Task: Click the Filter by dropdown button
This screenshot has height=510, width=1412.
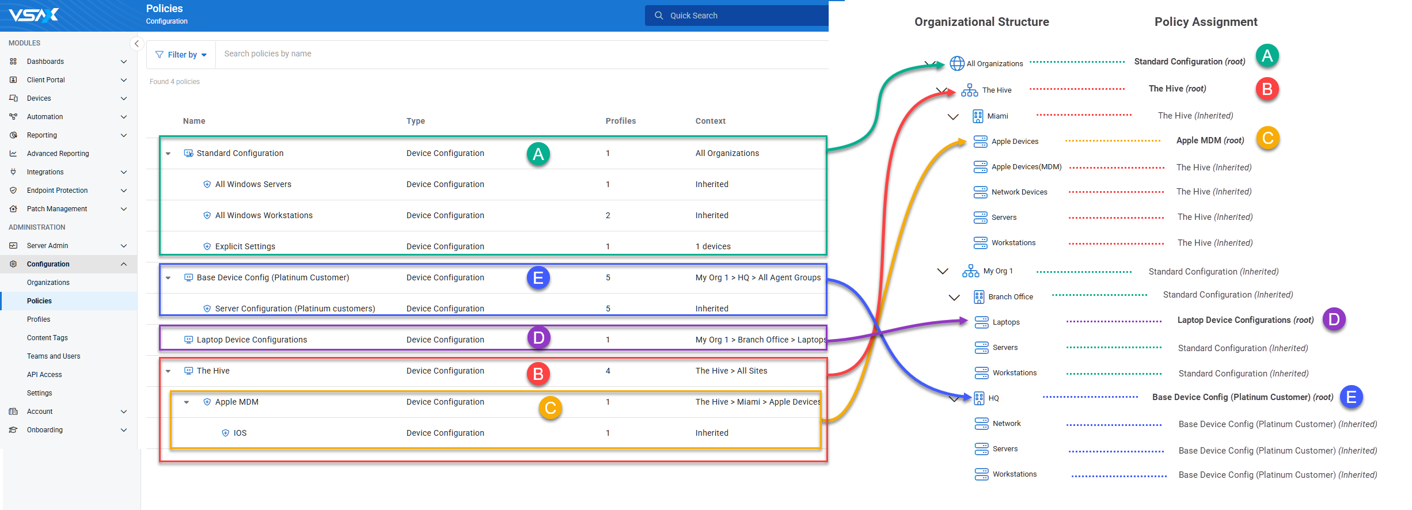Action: point(181,55)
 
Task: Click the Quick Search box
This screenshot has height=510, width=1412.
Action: point(737,16)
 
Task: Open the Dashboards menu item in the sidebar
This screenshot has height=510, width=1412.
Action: point(45,62)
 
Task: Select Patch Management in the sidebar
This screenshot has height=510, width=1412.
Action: point(57,209)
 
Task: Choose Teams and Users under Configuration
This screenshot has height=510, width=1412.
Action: point(54,356)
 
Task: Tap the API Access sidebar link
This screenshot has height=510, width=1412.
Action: point(44,375)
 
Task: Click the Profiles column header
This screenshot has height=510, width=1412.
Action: point(621,121)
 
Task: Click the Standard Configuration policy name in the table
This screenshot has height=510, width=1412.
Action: point(240,153)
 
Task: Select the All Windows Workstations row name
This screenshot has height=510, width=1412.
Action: point(264,215)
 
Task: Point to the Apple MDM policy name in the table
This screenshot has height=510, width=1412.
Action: point(237,402)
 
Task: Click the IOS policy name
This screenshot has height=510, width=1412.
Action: point(240,433)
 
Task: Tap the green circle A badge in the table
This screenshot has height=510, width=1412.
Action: point(538,154)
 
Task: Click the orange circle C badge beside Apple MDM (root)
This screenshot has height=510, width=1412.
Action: point(1267,138)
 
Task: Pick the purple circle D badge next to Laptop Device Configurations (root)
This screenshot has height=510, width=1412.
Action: point(1334,319)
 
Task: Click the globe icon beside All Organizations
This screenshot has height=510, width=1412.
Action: point(957,63)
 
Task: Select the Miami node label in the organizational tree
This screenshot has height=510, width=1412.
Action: point(997,116)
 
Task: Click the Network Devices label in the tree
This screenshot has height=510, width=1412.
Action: point(1019,192)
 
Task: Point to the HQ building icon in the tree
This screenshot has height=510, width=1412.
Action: point(979,398)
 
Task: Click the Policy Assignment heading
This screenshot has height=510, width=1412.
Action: point(1206,22)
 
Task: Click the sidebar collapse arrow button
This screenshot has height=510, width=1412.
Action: point(136,44)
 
